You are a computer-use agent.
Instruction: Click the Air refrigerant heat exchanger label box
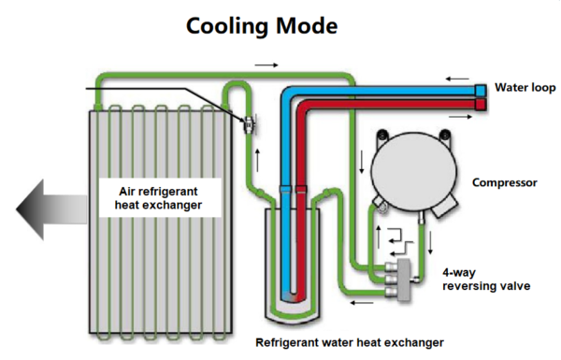[x=161, y=197]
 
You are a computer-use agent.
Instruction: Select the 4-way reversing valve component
[x=404, y=276]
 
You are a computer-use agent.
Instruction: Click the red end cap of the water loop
[x=480, y=104]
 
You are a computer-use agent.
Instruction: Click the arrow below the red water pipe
[x=457, y=118]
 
